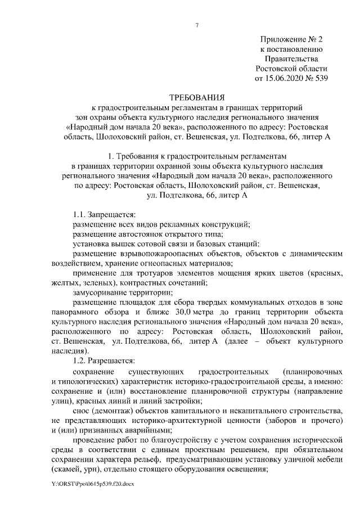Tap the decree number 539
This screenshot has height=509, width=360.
coord(320,78)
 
